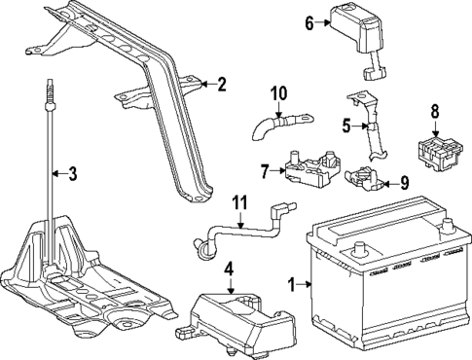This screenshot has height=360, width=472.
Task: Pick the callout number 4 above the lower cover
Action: coord(229,267)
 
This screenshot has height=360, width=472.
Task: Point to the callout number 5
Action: coord(345,126)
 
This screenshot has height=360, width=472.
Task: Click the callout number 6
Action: coord(309,23)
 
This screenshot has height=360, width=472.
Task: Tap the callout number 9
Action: coord(405,181)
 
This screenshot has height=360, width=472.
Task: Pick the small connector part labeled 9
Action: coord(365,178)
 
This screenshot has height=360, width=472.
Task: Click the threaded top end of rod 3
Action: coord(46,92)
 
